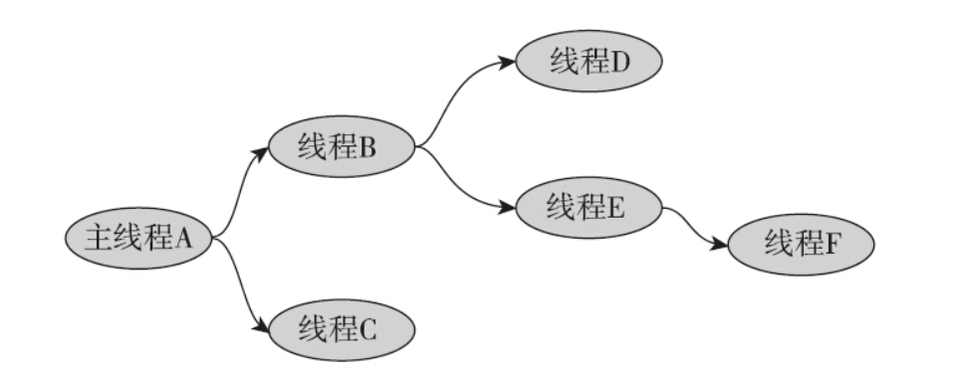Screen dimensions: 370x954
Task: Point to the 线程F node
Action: [x=801, y=243]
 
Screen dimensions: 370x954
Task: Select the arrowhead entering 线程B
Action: [x=262, y=151]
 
